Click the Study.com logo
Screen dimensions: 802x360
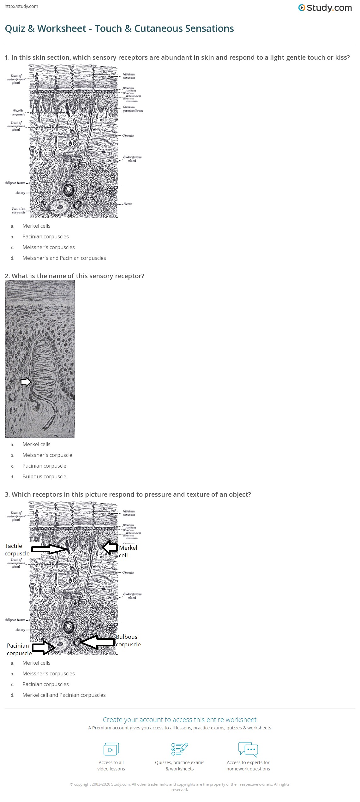coord(325,8)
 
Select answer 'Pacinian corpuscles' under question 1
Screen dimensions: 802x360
coord(45,236)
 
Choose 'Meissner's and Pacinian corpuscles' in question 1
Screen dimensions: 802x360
coord(64,258)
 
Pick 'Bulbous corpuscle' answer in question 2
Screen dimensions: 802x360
coord(44,476)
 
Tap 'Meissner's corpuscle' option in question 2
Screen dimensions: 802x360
coord(47,455)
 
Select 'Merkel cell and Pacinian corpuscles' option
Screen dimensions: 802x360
coord(64,695)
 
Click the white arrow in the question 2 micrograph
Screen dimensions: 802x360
coord(26,382)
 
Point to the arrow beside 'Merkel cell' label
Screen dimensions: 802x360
coord(110,548)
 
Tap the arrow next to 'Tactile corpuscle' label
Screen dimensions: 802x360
coord(50,549)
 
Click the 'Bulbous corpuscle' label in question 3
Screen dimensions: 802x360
coord(128,641)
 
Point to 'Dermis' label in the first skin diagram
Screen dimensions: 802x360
coord(128,136)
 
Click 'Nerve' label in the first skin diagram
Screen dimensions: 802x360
coord(127,204)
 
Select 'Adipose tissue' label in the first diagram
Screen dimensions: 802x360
coord(15,183)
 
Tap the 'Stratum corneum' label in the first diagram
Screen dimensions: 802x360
coord(129,76)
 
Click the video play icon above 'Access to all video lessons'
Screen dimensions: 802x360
coord(111,749)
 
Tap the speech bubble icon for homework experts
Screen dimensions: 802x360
coord(248,749)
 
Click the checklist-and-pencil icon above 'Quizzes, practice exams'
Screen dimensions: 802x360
coord(180,749)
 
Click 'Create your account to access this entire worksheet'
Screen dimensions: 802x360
coord(179,720)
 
